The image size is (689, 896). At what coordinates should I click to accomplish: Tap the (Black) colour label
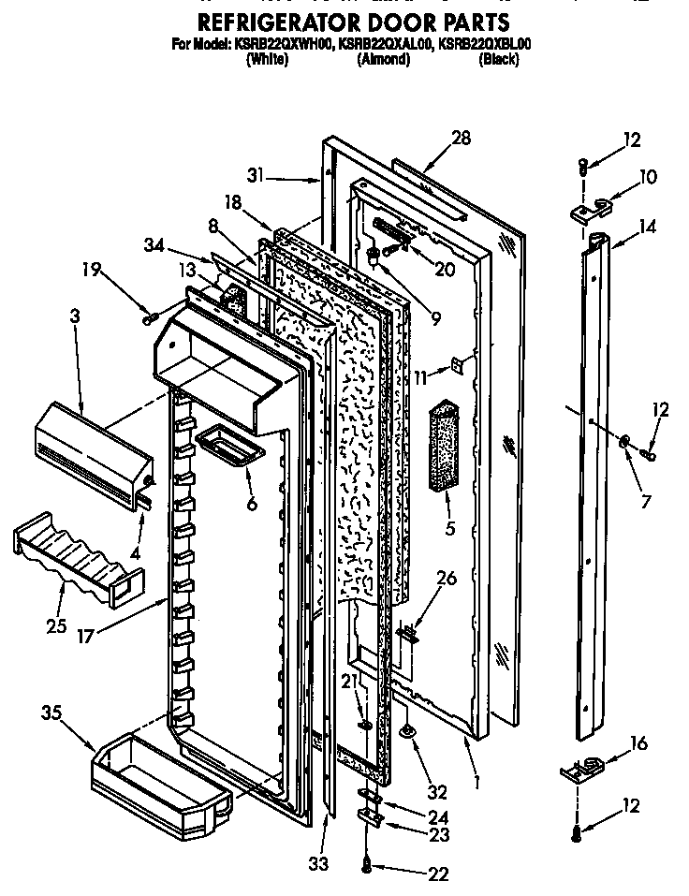498,59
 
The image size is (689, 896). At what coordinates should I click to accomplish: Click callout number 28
460,140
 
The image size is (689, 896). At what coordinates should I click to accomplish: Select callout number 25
56,625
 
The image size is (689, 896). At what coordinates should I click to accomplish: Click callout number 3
75,317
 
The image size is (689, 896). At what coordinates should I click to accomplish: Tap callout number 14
647,226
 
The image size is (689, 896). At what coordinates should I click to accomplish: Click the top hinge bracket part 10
590,210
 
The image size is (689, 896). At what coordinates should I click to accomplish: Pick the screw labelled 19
149,319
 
